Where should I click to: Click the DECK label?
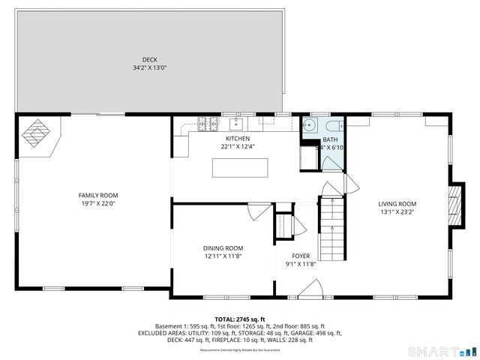tap(150, 60)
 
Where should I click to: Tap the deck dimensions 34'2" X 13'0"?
tap(150, 68)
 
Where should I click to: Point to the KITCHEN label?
tap(238, 139)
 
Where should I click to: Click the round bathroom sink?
tap(309, 125)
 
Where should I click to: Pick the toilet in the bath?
tap(334, 125)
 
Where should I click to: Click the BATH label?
tap(330, 139)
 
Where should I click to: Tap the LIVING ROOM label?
tap(397, 204)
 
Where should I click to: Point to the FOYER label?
tap(301, 256)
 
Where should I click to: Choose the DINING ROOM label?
tap(223, 248)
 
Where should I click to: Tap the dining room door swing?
tap(259, 211)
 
